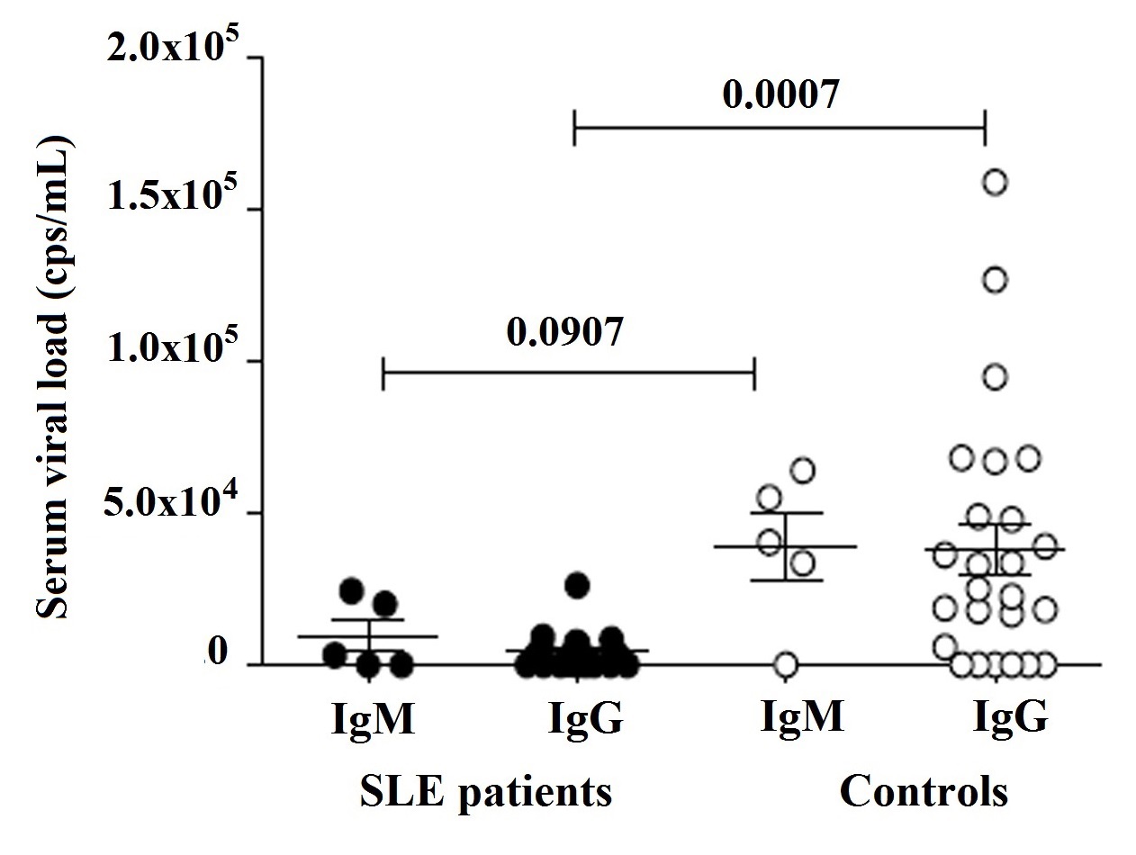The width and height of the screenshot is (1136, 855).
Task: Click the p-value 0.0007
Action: pyautogui.click(x=782, y=94)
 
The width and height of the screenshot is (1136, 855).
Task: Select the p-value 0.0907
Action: pyautogui.click(x=564, y=333)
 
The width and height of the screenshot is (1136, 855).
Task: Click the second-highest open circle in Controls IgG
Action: pyautogui.click(x=995, y=280)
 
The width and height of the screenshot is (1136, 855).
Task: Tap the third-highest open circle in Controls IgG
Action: pyautogui.click(x=995, y=377)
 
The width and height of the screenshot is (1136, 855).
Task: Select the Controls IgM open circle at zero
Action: pyautogui.click(x=785, y=665)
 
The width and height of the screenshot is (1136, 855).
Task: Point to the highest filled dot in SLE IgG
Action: pyautogui.click(x=577, y=585)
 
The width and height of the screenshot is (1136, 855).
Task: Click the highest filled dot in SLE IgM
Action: pyautogui.click(x=351, y=590)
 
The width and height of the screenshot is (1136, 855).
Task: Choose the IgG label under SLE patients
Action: pyautogui.click(x=586, y=719)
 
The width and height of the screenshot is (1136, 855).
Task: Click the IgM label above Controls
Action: pyautogui.click(x=802, y=719)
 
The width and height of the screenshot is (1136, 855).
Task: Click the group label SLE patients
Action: pyautogui.click(x=486, y=792)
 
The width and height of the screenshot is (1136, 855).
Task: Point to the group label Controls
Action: pyautogui.click(x=923, y=792)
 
